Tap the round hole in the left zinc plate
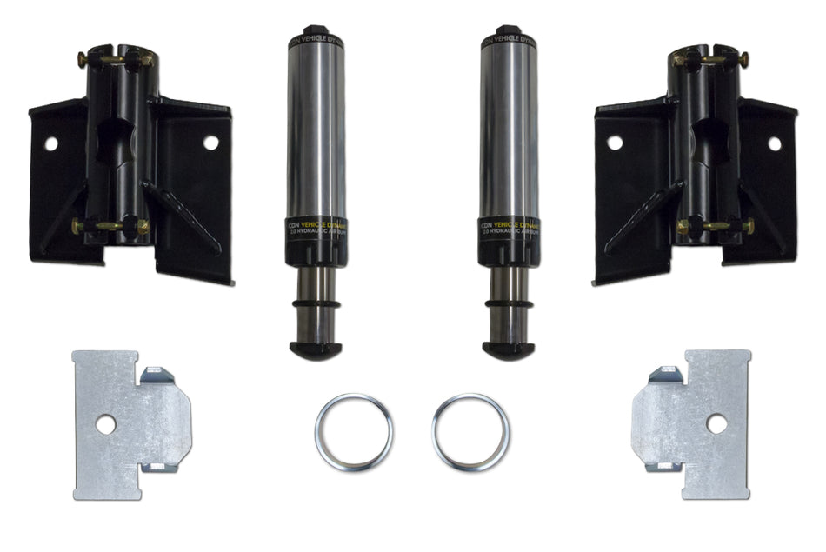(105, 424)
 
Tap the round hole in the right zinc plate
(716, 423)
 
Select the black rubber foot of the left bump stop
(316, 349)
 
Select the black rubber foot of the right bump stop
(509, 349)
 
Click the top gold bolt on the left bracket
(114, 59)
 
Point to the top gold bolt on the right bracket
(712, 59)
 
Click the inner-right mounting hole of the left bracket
(210, 141)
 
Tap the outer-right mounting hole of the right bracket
(774, 143)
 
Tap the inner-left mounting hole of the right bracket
(615, 142)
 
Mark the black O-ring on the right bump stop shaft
(509, 305)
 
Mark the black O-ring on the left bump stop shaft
(316, 305)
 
